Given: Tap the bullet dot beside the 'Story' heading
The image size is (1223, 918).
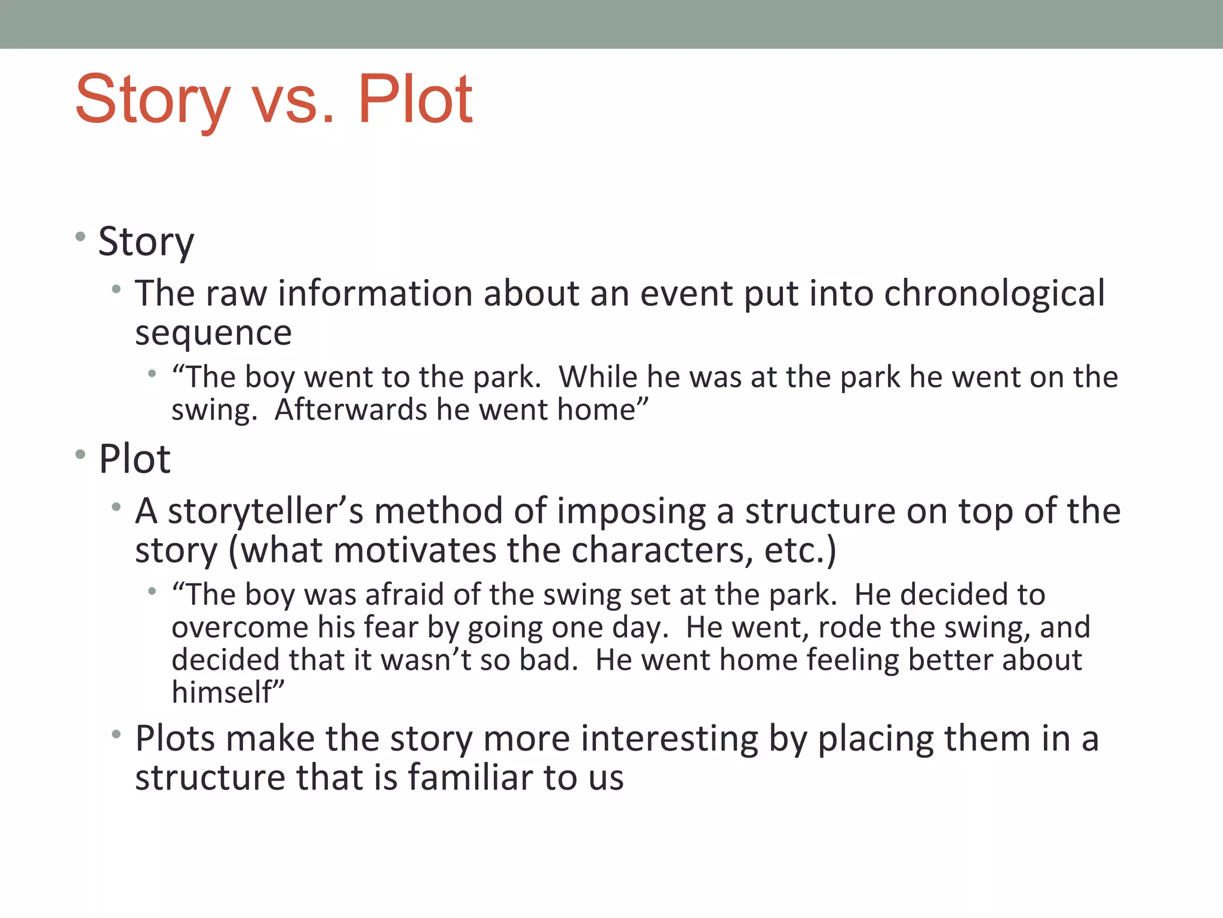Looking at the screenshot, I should [81, 237].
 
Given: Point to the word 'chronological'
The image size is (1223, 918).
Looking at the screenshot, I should [994, 294].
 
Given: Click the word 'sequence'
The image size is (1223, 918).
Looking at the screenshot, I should [213, 333].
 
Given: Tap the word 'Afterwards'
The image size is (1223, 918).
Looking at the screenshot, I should [351, 410].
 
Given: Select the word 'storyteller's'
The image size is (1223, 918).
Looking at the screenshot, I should [265, 512].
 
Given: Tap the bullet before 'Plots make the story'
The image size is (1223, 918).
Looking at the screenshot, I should [116, 733].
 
